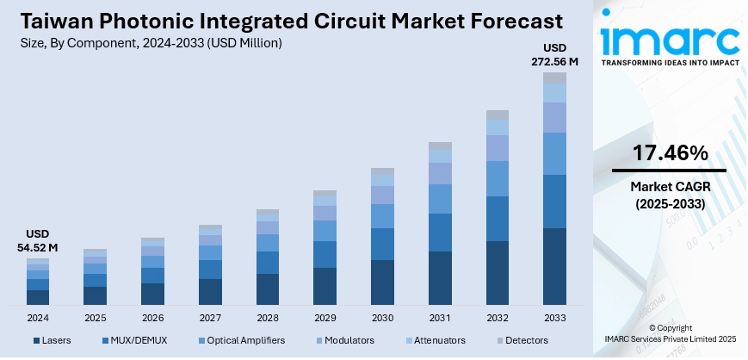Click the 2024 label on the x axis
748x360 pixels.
coord(38,317)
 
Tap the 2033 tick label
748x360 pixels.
coord(555,317)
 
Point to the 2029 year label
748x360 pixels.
coord(325,317)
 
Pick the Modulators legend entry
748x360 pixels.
coord(346,341)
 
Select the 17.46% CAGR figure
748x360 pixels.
coord(670,153)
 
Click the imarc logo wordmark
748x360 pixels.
coord(669,39)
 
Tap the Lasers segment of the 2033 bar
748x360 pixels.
coord(555,266)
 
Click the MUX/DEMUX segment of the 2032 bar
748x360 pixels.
coord(498,218)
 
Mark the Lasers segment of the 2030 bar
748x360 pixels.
coord(382,282)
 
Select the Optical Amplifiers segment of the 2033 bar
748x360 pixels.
coord(555,153)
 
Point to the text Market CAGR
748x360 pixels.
coord(670,187)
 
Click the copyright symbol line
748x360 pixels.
coord(669,328)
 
